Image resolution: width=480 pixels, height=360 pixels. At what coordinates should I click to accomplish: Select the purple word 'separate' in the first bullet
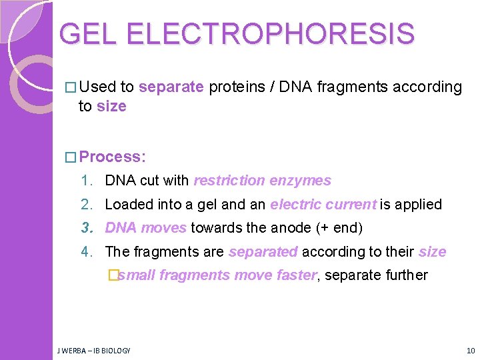pyautogui.click(x=171, y=87)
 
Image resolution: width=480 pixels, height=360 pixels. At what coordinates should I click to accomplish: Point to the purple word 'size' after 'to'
pyautogui.click(x=111, y=106)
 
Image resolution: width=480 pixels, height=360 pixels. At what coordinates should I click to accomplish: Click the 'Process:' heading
pyautogui.click(x=112, y=157)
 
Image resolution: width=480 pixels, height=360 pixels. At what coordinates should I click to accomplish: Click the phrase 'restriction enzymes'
pyautogui.click(x=262, y=181)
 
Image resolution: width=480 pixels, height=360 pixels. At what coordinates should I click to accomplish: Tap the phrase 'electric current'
pyautogui.click(x=323, y=205)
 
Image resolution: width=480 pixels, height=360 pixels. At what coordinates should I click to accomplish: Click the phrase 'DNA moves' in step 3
pyautogui.click(x=146, y=228)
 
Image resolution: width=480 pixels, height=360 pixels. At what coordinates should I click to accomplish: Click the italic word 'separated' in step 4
pyautogui.click(x=263, y=252)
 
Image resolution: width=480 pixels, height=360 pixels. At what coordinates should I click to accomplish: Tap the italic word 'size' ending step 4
pyautogui.click(x=432, y=252)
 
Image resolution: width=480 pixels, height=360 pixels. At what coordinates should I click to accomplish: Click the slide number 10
pyautogui.click(x=470, y=350)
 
